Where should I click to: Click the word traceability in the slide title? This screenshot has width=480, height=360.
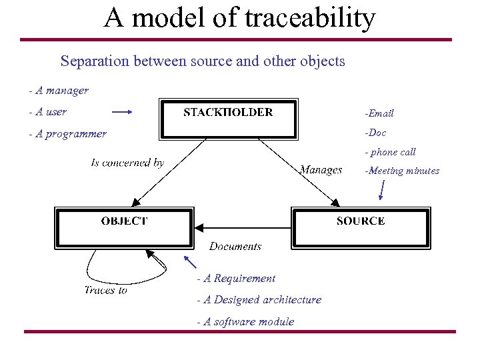[310, 18]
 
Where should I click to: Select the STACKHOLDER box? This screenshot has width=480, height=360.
[228, 118]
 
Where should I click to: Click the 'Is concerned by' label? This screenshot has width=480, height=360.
[127, 163]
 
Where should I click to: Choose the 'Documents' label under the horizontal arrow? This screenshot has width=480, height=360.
[235, 246]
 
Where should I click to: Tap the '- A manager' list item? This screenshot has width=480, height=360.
[59, 90]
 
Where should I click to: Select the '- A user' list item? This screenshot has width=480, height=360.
[48, 112]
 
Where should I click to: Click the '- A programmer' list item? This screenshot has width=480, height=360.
[67, 133]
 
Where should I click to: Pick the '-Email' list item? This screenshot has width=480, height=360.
[379, 113]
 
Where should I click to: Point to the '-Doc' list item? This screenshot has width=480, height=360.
[375, 133]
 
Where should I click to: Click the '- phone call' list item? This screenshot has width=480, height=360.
[389, 152]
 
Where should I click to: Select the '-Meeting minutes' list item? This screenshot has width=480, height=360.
[401, 171]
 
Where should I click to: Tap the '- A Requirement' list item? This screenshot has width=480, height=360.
[236, 278]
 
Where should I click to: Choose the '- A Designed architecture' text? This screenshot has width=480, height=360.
[259, 299]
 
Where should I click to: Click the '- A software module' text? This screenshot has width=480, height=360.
[245, 321]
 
